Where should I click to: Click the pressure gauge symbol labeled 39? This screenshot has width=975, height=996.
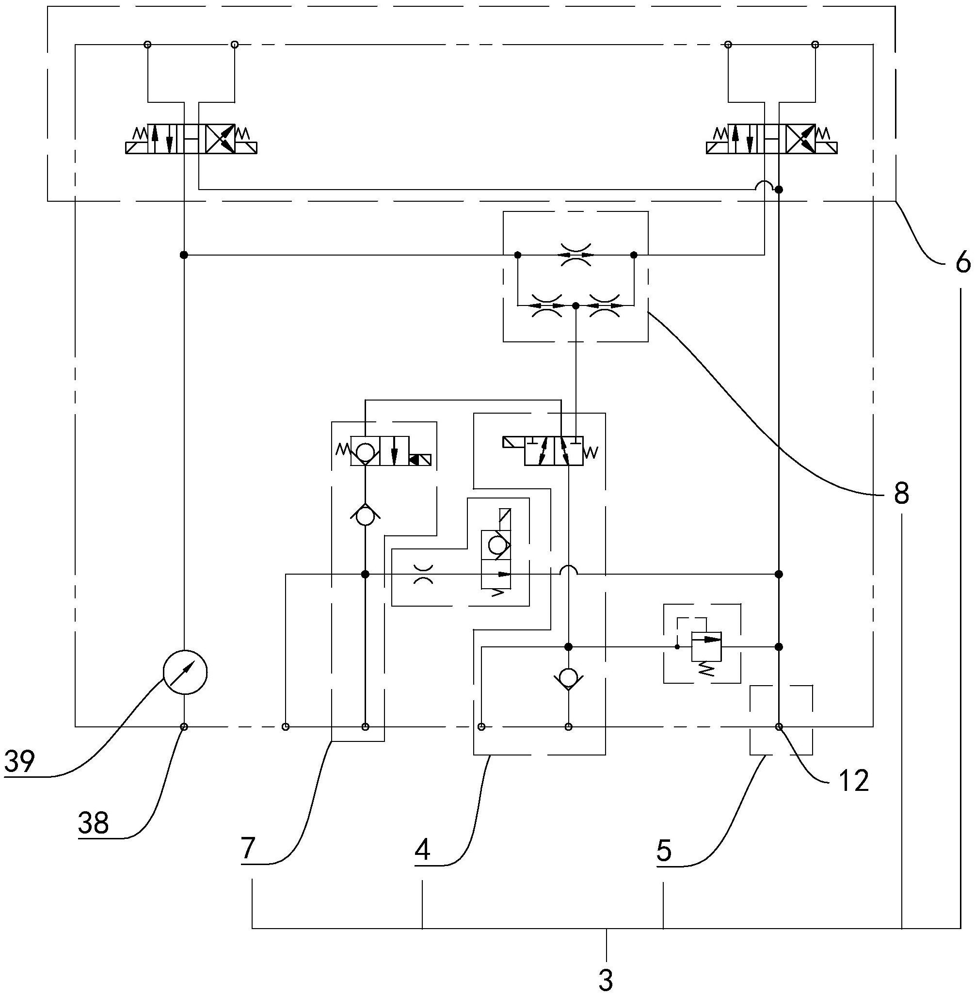pyautogui.click(x=185, y=673)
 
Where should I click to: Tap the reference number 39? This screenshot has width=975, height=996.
pyautogui.click(x=19, y=761)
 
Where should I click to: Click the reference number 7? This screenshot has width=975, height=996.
pyautogui.click(x=248, y=849)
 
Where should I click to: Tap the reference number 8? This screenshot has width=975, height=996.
pyautogui.click(x=902, y=494)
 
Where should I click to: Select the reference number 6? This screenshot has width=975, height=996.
pyautogui.click(x=962, y=263)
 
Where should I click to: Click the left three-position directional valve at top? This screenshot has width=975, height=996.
pyautogui.click(x=191, y=139)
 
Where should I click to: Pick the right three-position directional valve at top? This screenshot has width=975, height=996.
pyautogui.click(x=772, y=139)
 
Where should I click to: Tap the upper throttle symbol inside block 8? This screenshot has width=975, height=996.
pyautogui.click(x=575, y=255)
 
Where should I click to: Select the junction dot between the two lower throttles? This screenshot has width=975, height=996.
pyautogui.click(x=575, y=305)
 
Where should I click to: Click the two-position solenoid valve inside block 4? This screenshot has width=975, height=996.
pyautogui.click(x=554, y=451)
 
